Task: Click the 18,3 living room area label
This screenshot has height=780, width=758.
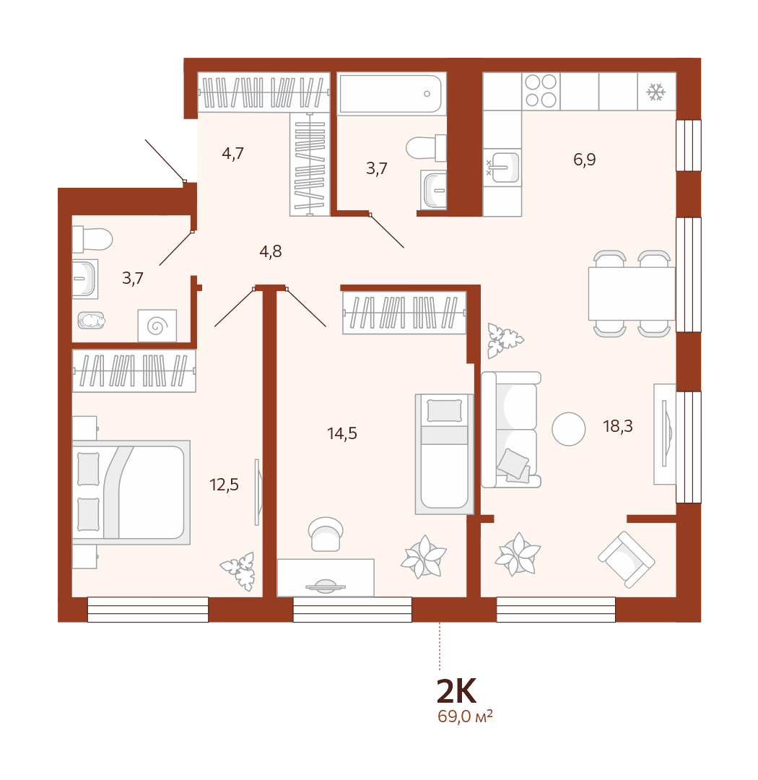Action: click(618, 426)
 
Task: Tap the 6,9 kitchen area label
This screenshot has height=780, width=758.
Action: click(585, 160)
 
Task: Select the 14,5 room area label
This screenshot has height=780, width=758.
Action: click(342, 434)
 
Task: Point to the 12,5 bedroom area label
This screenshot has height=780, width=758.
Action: click(224, 485)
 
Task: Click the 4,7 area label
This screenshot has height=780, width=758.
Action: click(232, 153)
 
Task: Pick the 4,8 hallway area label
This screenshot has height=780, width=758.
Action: click(271, 252)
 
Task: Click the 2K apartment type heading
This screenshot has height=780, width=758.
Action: click(456, 691)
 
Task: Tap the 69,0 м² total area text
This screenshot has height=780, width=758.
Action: click(465, 716)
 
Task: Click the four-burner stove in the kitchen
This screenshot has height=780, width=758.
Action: click(541, 91)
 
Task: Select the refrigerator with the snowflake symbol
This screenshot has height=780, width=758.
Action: click(656, 92)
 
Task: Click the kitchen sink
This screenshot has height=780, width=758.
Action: click(502, 167)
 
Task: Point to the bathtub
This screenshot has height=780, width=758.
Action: click(391, 94)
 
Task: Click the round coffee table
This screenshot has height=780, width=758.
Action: click(569, 429)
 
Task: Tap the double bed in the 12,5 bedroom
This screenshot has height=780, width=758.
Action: click(131, 492)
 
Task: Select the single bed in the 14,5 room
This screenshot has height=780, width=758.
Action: click(444, 454)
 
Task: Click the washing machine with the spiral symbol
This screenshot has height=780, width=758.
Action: click(157, 326)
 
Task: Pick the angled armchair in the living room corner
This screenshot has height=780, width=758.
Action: click(626, 560)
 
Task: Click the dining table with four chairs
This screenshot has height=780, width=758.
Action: click(632, 293)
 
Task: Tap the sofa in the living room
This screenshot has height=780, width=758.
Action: click(511, 429)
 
